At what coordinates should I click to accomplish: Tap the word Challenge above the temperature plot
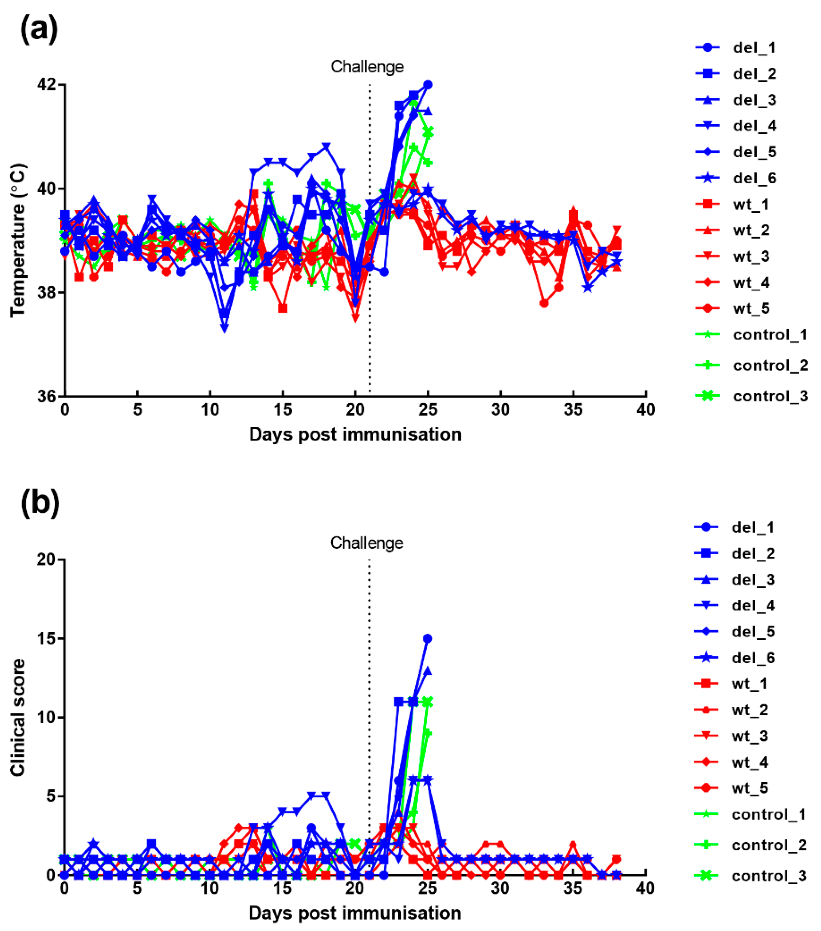[x=367, y=67]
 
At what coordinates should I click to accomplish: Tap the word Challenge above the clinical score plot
[x=367, y=543]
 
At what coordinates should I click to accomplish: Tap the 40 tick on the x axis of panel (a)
[x=646, y=410]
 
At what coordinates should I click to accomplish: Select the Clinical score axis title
[x=18, y=717]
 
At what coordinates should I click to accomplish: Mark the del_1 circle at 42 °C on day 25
[x=428, y=85]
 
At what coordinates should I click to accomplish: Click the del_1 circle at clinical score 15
[x=427, y=639]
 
